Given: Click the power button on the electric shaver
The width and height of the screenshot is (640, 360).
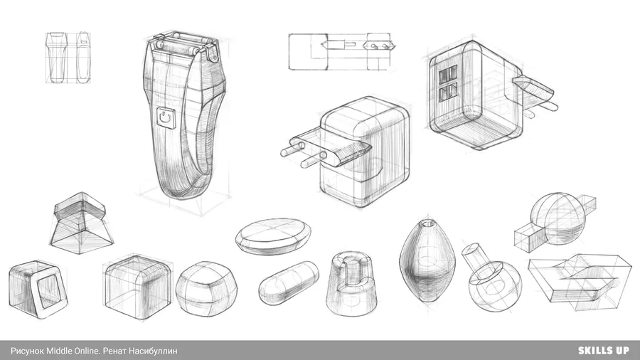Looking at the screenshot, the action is click(166, 118).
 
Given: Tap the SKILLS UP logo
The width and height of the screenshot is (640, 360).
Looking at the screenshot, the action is click(603, 350).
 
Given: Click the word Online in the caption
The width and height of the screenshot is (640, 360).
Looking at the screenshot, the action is click(87, 351).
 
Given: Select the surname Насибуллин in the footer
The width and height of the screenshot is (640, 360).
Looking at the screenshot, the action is click(153, 351).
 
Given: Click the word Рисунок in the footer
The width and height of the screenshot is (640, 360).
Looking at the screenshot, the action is click(27, 351).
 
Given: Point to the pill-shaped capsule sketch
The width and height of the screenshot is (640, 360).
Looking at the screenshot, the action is click(289, 282).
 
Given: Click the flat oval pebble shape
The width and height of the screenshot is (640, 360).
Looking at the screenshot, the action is click(273, 237).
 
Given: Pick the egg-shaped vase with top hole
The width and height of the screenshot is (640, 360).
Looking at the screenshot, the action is click(427, 260).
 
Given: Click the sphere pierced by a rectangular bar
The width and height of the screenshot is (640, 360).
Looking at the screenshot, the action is click(556, 220).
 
